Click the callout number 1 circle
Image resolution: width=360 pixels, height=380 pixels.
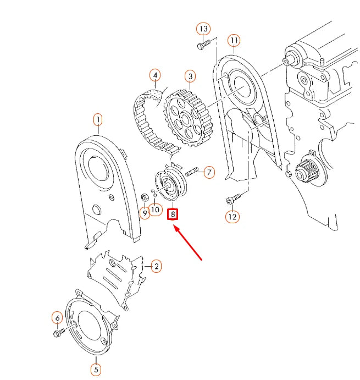click(98, 119)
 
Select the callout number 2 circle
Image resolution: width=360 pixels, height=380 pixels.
click(156, 266)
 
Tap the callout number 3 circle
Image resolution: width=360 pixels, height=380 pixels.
click(190, 76)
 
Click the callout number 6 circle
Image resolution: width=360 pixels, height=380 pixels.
click(57, 317)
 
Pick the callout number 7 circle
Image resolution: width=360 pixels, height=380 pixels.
click(209, 173)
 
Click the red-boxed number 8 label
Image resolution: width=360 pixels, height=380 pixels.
click(173, 213)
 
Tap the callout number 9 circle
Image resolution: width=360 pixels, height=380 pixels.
click(145, 213)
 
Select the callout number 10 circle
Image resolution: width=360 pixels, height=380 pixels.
click(156, 209)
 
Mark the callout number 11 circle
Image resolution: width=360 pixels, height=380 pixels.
click(235, 41)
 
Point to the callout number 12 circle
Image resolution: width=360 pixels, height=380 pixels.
click(232, 217)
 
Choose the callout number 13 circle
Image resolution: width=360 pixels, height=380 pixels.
click(203, 28)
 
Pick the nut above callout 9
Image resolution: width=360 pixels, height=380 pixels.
click(145, 195)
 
